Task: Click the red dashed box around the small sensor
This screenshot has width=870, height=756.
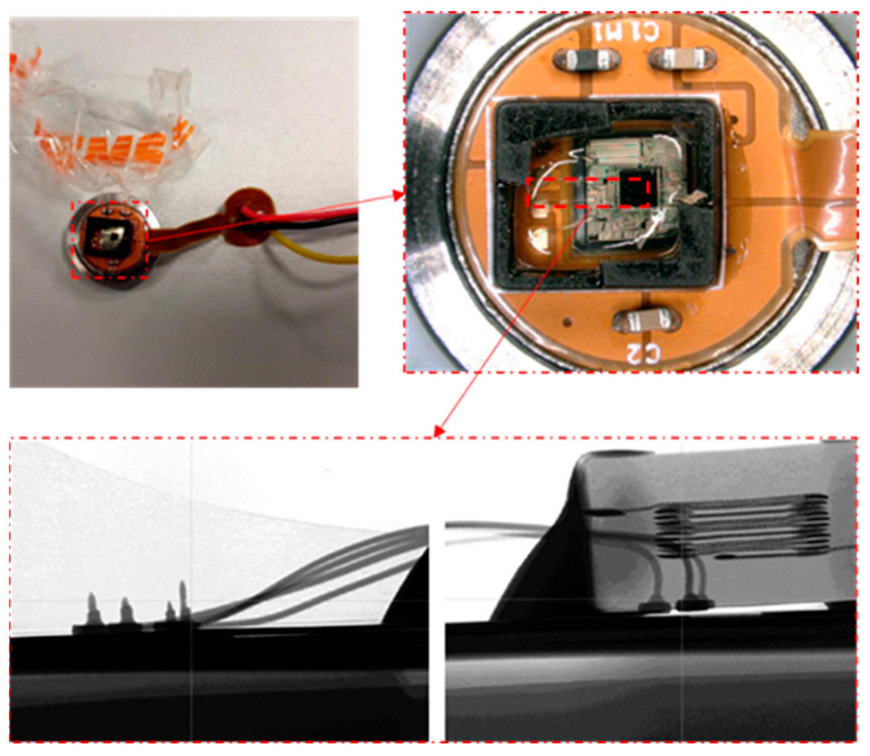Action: click(109, 240)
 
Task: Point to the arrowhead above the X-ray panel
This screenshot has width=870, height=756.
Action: click(439, 432)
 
